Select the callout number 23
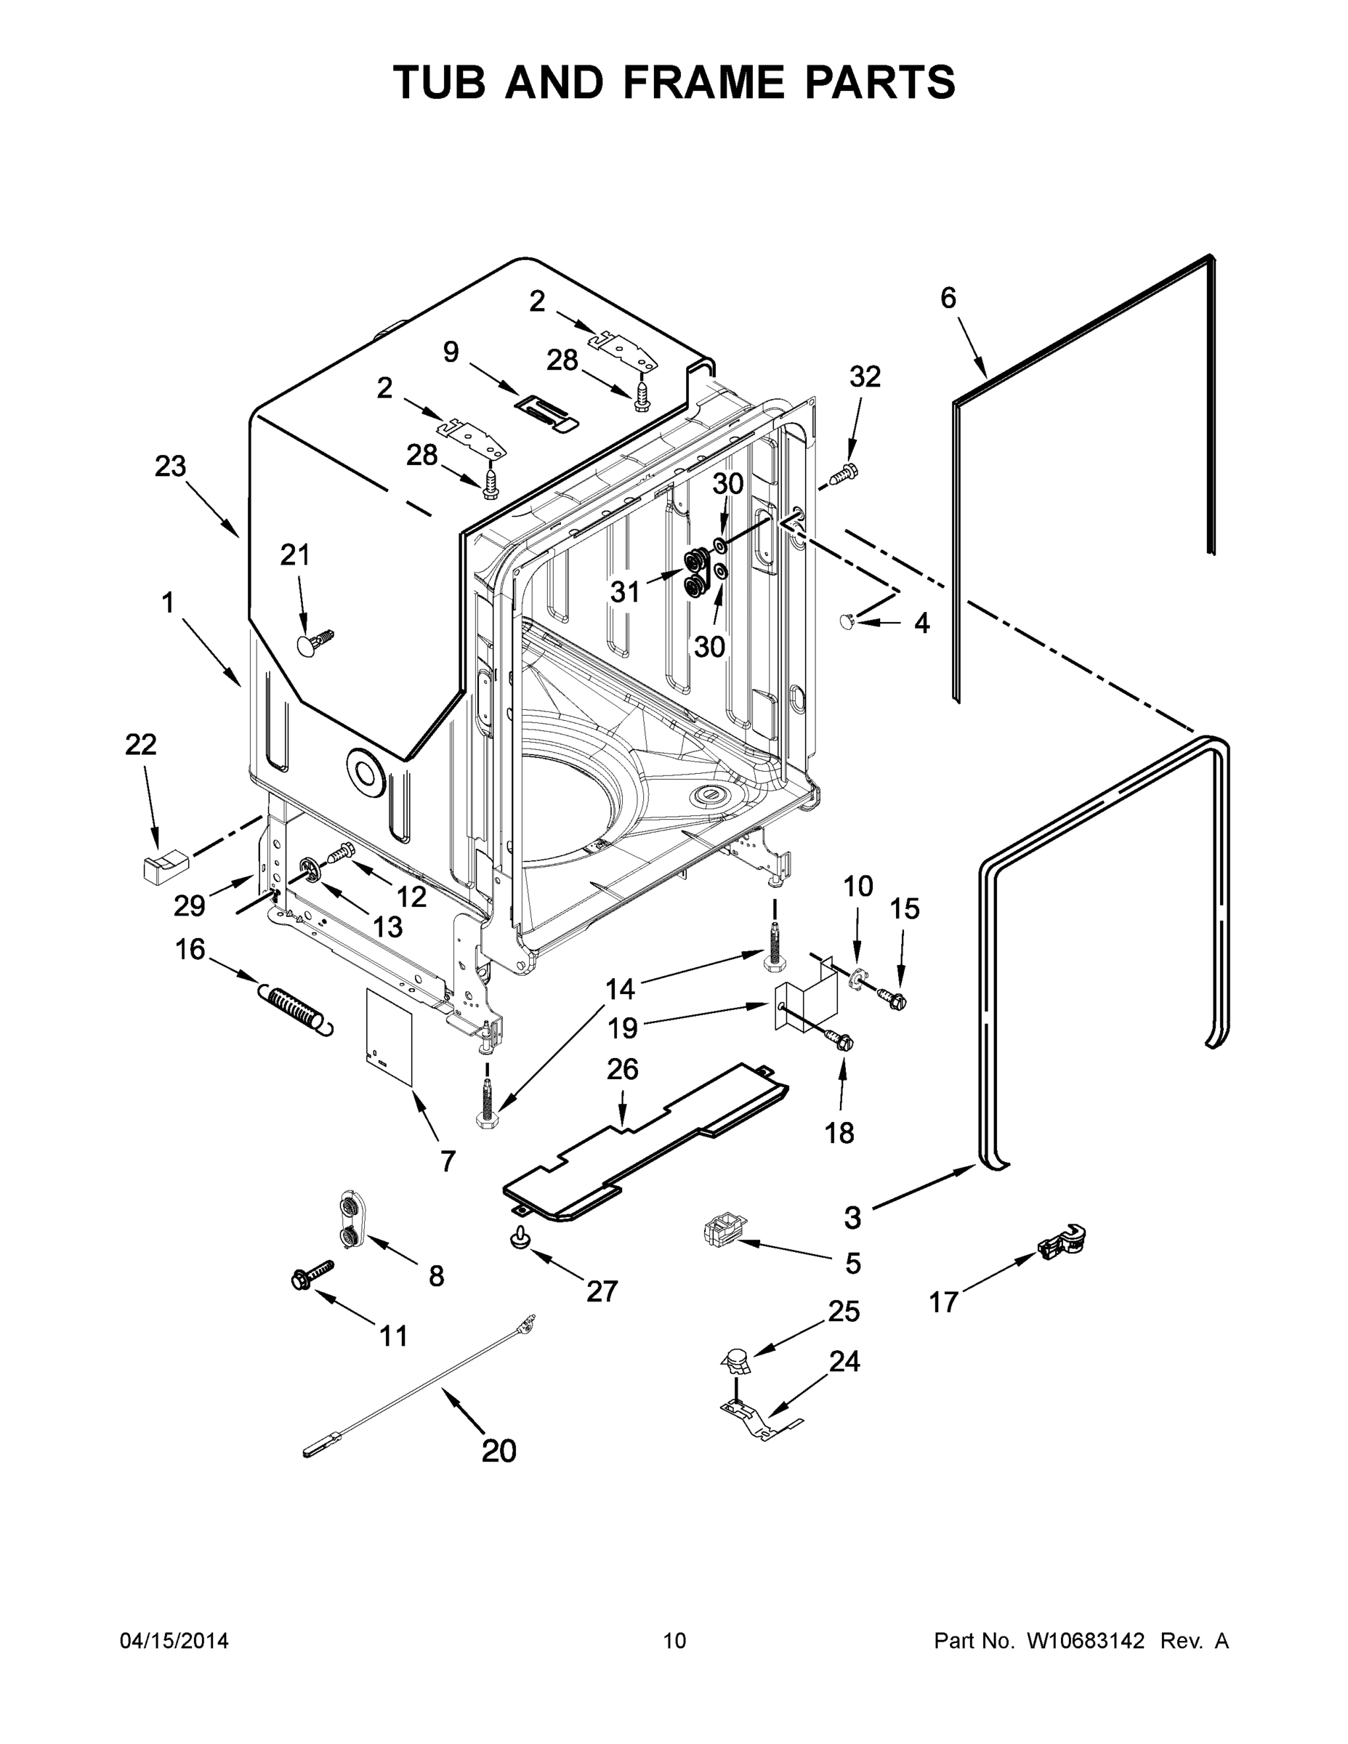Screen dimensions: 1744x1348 tap(170, 467)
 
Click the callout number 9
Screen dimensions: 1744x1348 tap(451, 352)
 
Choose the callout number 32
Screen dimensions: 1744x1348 tap(865, 376)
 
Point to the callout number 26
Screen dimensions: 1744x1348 tap(622, 1069)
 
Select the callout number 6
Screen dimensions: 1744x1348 tap(948, 298)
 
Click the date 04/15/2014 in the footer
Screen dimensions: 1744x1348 tap(174, 1641)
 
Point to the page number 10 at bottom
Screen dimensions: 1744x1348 tap(675, 1641)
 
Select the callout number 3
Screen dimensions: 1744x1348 tap(853, 1218)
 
